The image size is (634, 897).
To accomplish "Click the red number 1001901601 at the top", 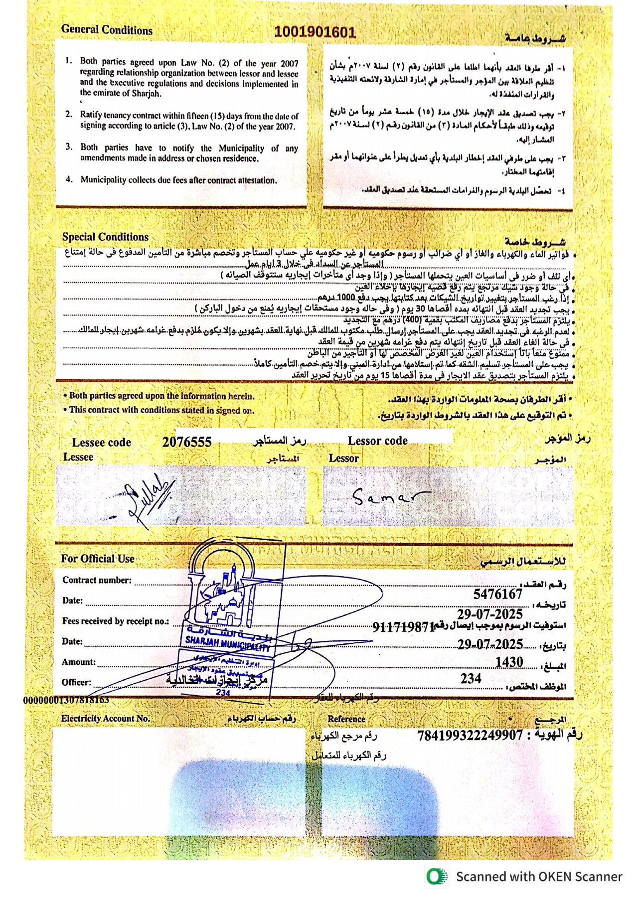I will [x=315, y=32].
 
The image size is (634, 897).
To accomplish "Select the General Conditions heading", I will [x=107, y=29].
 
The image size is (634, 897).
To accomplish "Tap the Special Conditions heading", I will [x=105, y=237].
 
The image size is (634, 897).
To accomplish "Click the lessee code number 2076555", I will [x=187, y=442].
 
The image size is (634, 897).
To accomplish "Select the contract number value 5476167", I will [x=497, y=594].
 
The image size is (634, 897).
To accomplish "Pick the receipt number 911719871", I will [x=404, y=627].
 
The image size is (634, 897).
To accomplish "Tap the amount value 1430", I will [x=509, y=662].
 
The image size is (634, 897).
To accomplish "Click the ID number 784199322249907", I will [x=470, y=735].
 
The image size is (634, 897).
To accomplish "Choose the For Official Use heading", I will [x=98, y=559].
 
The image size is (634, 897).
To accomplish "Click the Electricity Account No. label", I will [x=105, y=718].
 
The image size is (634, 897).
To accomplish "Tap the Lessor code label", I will [x=377, y=441].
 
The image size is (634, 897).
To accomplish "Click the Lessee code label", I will [x=101, y=443].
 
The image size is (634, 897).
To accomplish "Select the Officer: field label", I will [x=76, y=682].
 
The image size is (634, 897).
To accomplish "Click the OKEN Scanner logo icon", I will [x=437, y=877].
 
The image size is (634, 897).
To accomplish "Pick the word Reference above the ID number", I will [x=346, y=719].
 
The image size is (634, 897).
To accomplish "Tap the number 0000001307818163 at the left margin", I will [x=66, y=700].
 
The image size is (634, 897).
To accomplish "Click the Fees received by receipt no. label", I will [x=115, y=621].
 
